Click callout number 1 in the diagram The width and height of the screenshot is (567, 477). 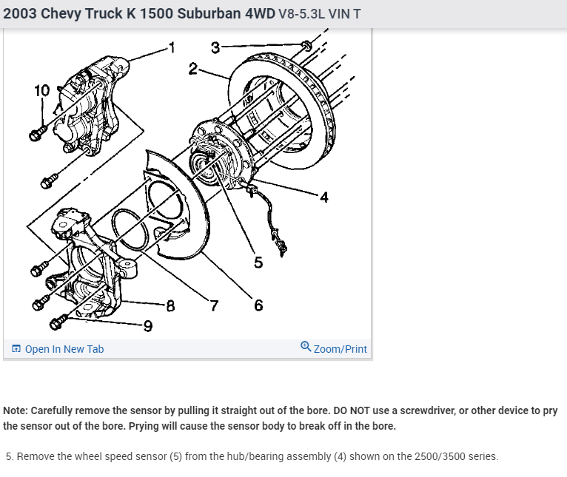[172, 49]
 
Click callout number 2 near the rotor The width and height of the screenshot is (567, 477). [193, 69]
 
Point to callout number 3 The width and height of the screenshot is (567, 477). [215, 48]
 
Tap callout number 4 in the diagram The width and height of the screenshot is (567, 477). [323, 196]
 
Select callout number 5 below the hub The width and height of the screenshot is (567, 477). [258, 262]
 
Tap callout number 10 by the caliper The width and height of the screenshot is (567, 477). [42, 91]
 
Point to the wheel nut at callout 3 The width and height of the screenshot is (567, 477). [306, 47]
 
